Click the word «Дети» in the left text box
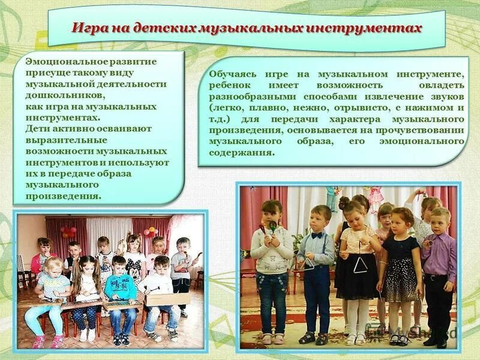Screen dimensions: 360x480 point(38,128)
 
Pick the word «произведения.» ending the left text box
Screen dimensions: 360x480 point(64,196)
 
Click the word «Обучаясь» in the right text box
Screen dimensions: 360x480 point(233,74)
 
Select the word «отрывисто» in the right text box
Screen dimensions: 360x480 point(365,108)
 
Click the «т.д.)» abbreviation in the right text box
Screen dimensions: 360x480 point(220,119)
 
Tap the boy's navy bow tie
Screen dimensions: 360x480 point(317,236)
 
